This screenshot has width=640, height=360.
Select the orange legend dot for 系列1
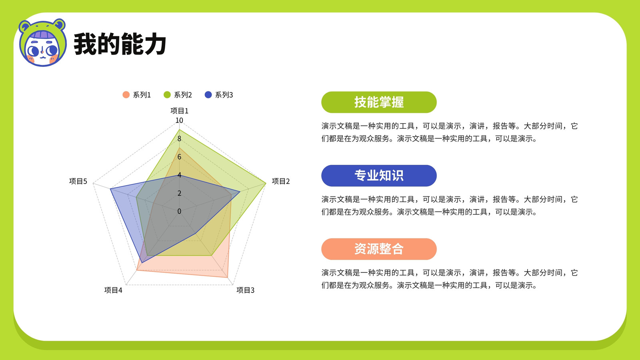coord(126,95)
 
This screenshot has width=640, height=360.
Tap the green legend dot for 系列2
coord(167,95)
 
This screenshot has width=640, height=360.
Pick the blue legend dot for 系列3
coord(208,95)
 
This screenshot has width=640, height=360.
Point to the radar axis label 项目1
coord(180,110)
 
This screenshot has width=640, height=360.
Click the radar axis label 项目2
coord(280,181)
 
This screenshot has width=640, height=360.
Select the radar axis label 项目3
coord(245,290)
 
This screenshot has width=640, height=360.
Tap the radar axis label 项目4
coord(113,290)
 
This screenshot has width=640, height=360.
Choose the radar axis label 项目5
coord(78,181)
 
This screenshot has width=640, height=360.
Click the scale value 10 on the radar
coord(179,120)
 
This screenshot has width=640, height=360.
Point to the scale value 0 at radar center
coord(179,211)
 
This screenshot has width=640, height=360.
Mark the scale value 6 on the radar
coord(179,156)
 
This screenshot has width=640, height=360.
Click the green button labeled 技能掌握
coord(379,102)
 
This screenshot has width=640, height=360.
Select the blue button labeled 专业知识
coord(379,176)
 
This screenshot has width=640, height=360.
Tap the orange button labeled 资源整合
coord(379,249)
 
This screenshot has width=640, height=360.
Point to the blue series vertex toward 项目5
coord(110,189)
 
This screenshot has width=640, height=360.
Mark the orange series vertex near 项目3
coord(228,277)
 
